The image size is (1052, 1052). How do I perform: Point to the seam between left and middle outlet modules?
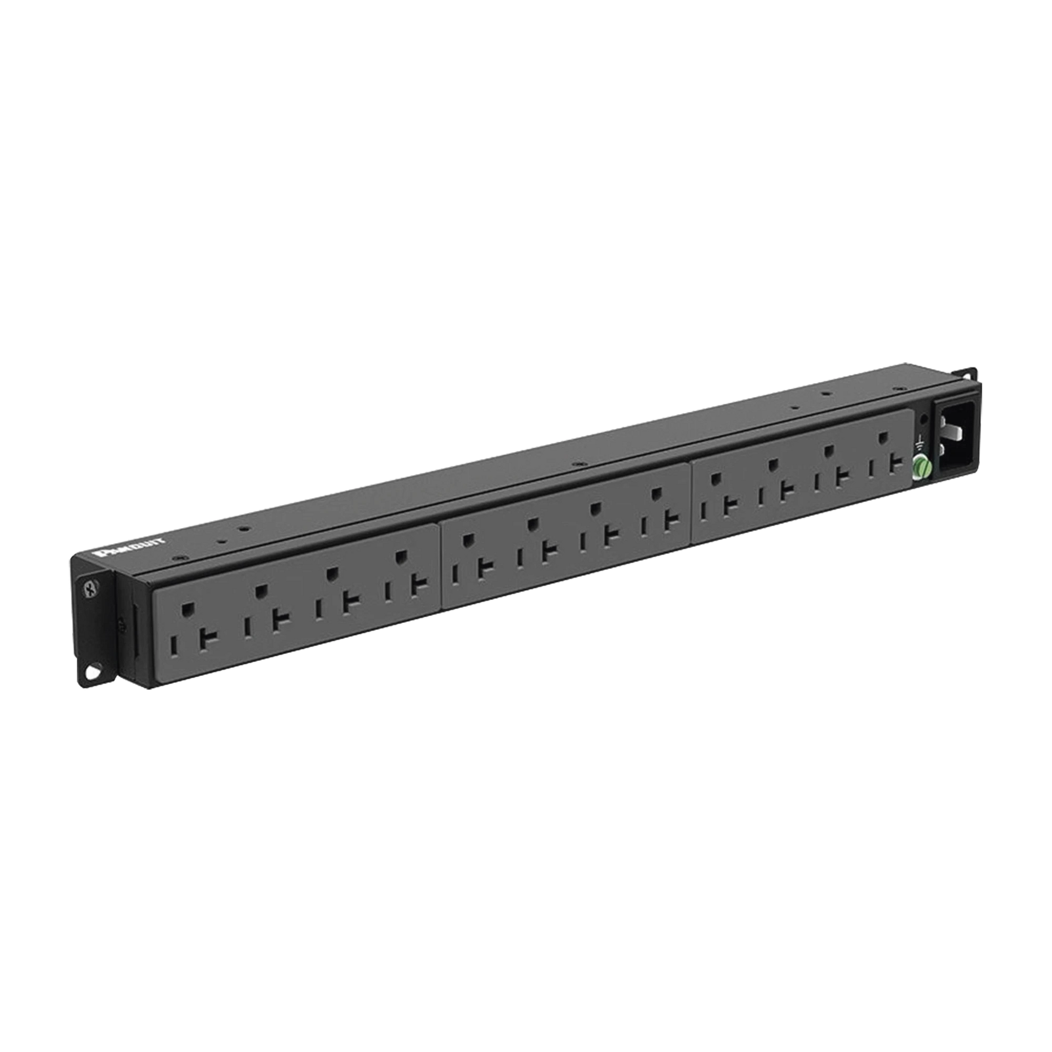pyautogui.click(x=441, y=567)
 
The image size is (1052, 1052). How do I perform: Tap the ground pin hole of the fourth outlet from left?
pyautogui.click(x=401, y=556)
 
